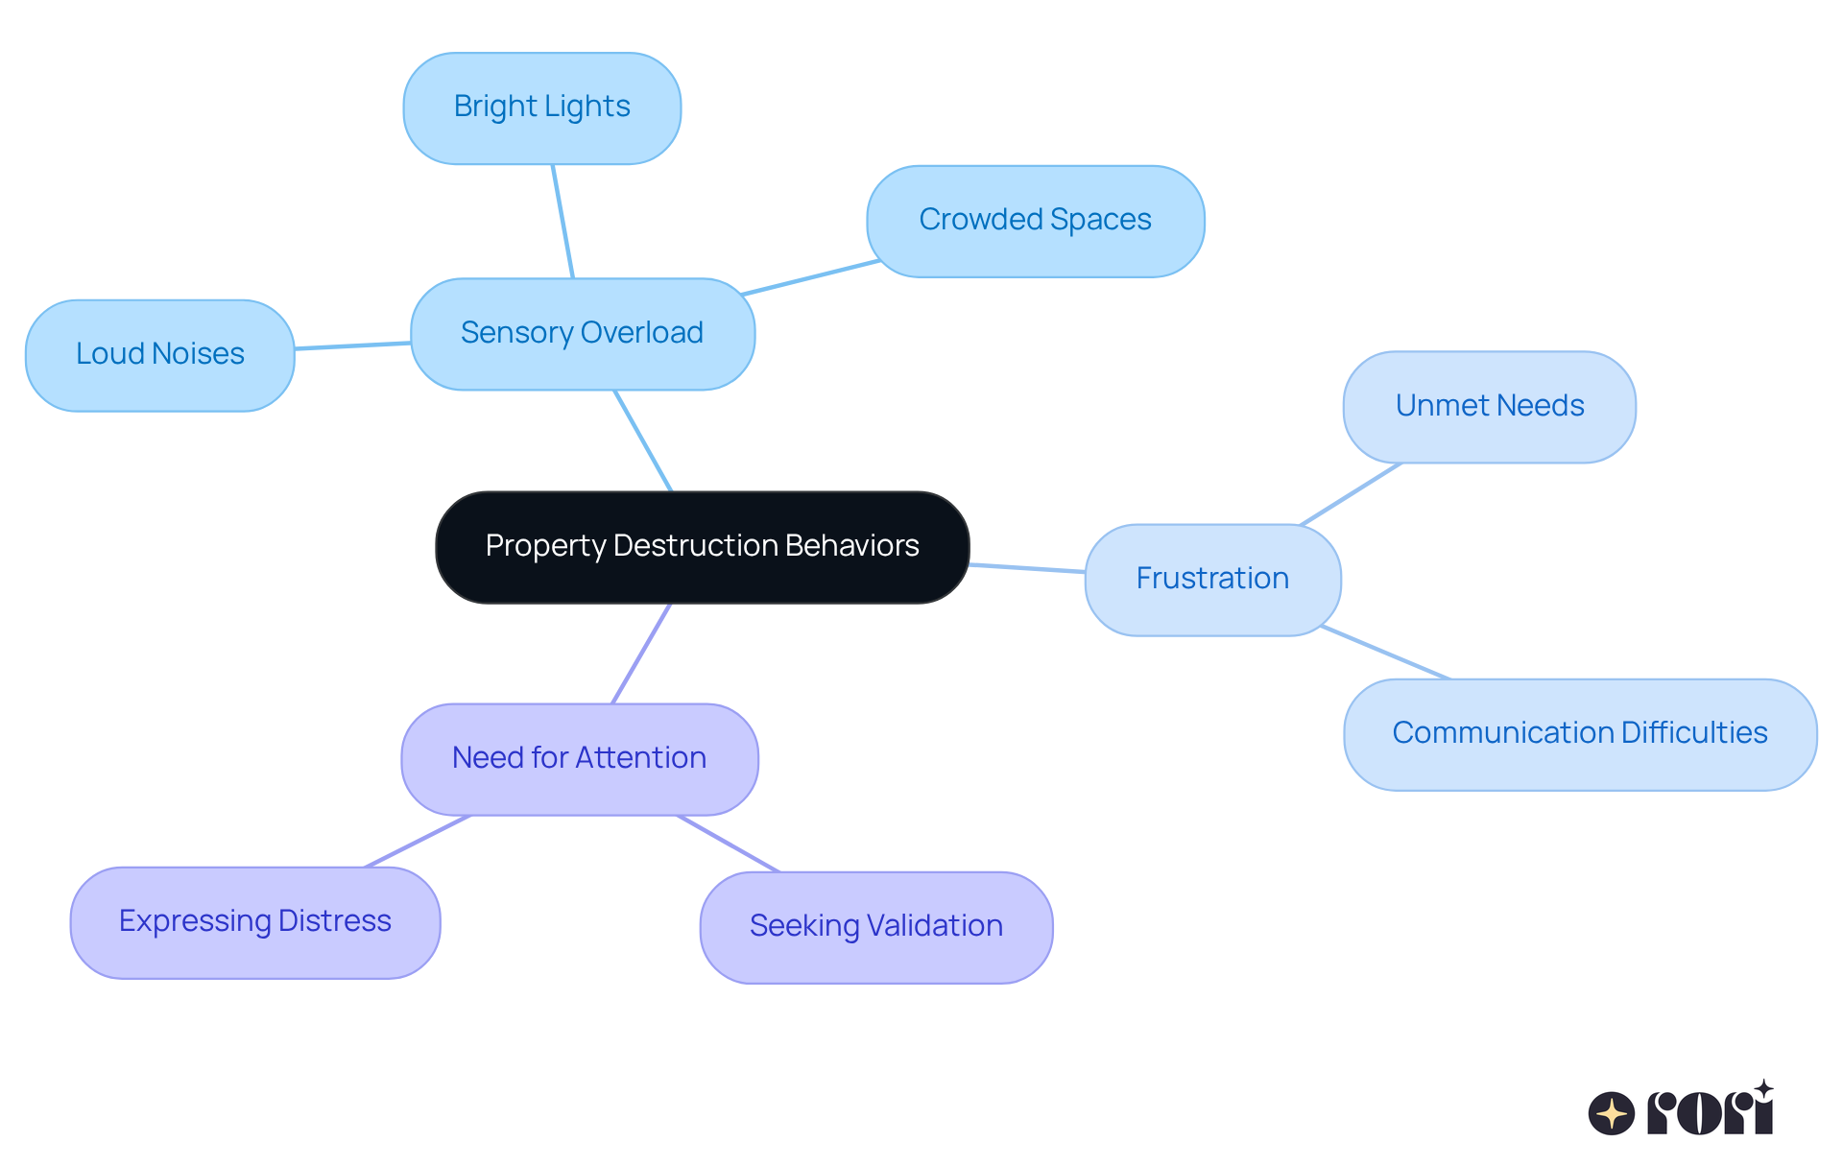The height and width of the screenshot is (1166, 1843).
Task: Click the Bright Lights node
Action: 541,107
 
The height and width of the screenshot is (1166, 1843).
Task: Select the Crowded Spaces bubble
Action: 1035,221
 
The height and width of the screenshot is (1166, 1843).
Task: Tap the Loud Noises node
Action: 159,354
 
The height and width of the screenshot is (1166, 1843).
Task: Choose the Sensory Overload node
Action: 582,333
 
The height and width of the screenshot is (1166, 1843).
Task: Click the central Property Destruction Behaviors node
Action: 702,546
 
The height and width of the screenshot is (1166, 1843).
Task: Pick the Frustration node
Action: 1211,579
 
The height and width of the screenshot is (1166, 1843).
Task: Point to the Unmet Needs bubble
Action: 1489,406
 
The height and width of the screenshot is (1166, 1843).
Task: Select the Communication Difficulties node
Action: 1579,733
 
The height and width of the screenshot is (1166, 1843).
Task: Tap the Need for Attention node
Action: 579,758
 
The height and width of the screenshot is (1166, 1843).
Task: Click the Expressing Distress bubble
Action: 254,921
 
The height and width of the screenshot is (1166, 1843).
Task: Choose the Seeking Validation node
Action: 875,926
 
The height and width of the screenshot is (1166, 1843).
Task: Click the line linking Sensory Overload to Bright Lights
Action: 562,221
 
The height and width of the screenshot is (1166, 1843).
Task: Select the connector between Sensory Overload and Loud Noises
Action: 352,345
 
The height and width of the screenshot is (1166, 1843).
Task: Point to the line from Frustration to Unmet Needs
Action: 1351,494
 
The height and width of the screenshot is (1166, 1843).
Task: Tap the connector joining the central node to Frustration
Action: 1027,568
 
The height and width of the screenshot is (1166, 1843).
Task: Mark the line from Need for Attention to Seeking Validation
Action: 728,844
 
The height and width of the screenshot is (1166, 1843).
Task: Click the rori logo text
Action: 1710,1112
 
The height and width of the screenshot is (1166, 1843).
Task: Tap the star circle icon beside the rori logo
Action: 1611,1113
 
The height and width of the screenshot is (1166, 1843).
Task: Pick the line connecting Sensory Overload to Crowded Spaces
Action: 811,277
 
